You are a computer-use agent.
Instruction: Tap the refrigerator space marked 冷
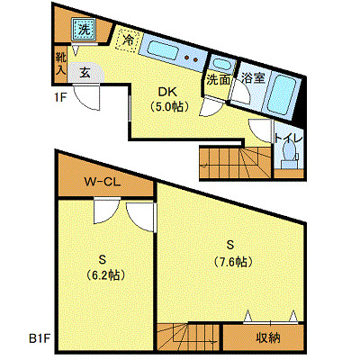[129, 40]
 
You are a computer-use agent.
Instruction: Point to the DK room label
[168, 92]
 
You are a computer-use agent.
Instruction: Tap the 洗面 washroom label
[218, 79]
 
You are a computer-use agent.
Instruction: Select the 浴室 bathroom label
[253, 79]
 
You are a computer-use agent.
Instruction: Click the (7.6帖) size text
[231, 261]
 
